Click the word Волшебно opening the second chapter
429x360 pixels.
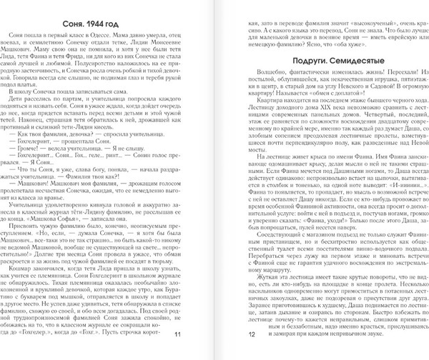click(x=270, y=74)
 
